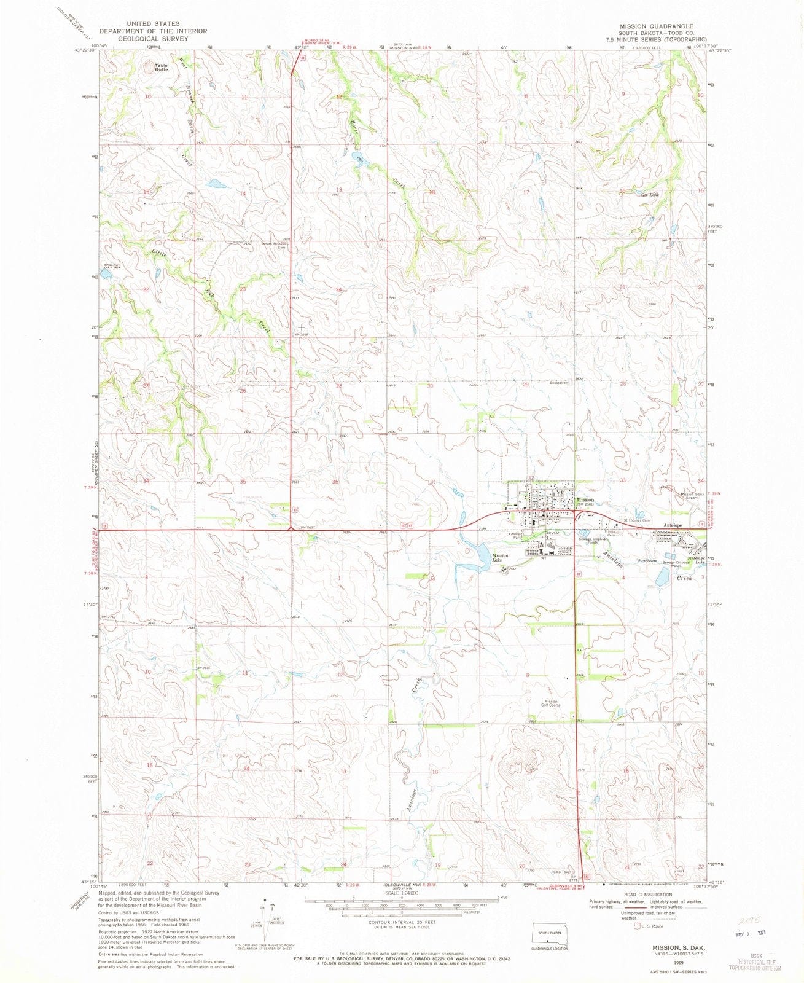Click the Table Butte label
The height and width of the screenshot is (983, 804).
coord(161,68)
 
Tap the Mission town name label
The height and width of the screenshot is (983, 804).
coord(585,499)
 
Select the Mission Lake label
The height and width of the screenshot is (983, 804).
coord(499,558)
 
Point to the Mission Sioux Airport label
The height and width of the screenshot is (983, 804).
coord(693,496)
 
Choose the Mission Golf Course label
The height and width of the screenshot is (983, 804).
coord(550,703)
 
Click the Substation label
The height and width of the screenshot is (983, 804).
coord(558,383)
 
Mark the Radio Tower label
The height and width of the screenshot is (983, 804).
coord(561,872)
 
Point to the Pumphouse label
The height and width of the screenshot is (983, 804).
coord(647,561)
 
